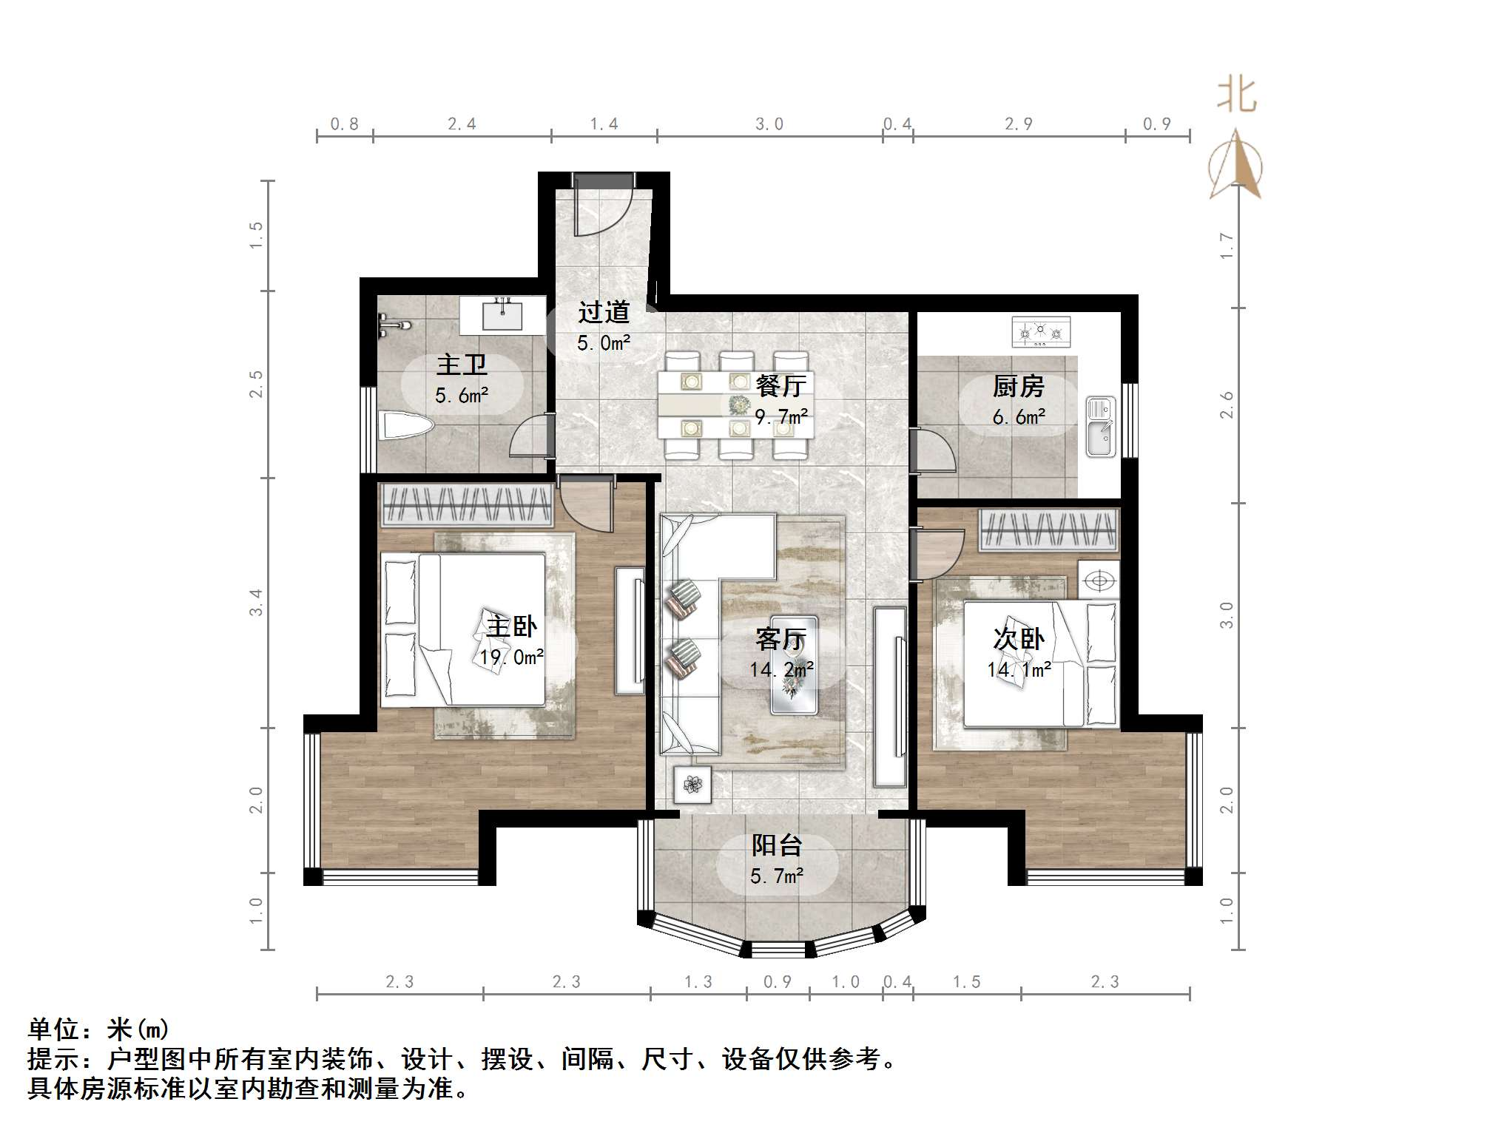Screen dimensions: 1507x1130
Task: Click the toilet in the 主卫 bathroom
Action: click(405, 425)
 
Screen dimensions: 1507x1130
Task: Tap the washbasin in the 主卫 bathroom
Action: click(502, 315)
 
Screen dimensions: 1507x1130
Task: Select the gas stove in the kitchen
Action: click(1041, 332)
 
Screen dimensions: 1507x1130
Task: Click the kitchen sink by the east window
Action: click(1101, 427)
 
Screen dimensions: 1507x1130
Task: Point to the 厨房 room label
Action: click(1018, 386)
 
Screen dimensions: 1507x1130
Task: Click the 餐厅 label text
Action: click(781, 385)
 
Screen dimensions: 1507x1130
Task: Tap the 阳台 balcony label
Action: click(777, 845)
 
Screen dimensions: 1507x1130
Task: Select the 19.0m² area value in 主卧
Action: click(511, 657)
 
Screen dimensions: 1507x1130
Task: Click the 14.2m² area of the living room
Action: click(781, 670)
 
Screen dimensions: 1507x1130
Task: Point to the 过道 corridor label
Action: click(604, 312)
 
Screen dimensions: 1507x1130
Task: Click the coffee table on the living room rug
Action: click(795, 665)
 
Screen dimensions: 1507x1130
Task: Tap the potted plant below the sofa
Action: click(693, 785)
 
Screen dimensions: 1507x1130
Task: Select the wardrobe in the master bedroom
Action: click(467, 505)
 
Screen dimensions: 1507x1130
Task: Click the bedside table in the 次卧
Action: click(1099, 581)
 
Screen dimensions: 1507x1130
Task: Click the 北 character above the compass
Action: click(1238, 95)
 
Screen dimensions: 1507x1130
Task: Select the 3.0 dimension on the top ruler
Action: click(769, 124)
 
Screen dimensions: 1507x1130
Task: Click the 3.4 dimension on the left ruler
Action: click(256, 603)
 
